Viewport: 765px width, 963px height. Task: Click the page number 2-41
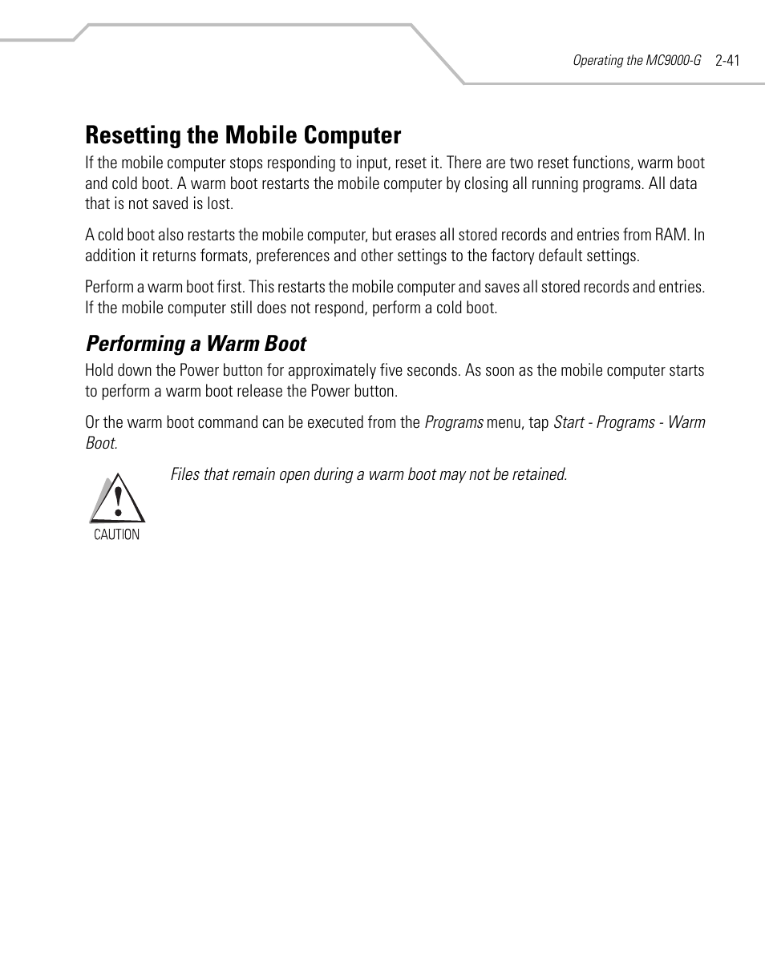(x=727, y=60)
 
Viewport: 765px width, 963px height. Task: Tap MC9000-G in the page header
(x=674, y=60)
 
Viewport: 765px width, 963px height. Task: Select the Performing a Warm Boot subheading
(x=196, y=344)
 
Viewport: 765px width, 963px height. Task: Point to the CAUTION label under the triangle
(x=117, y=534)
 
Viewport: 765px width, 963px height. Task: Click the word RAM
(x=675, y=236)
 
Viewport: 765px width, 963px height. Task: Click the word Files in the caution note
(x=184, y=474)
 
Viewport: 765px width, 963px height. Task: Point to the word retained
(x=540, y=474)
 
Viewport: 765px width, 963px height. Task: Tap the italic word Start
(x=569, y=422)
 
